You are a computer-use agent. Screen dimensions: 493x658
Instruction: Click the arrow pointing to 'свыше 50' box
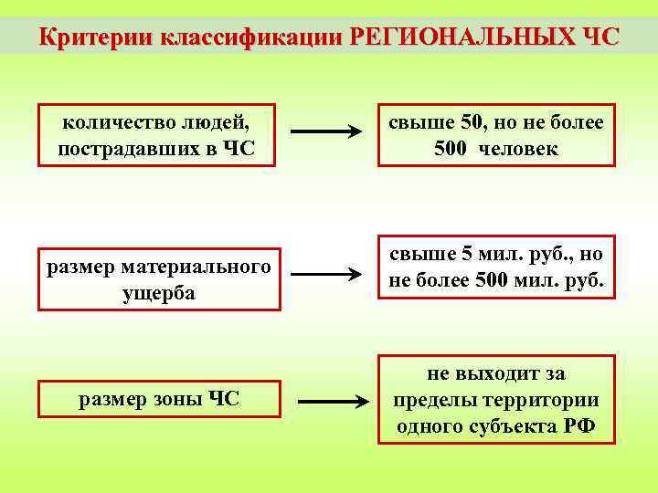pyautogui.click(x=326, y=133)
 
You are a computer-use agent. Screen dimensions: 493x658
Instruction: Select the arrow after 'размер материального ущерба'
pyautogui.click(x=326, y=273)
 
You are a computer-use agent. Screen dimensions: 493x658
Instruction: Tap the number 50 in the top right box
pyautogui.click(x=472, y=122)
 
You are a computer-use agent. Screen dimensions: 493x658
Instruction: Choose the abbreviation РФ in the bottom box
pyautogui.click(x=578, y=425)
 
